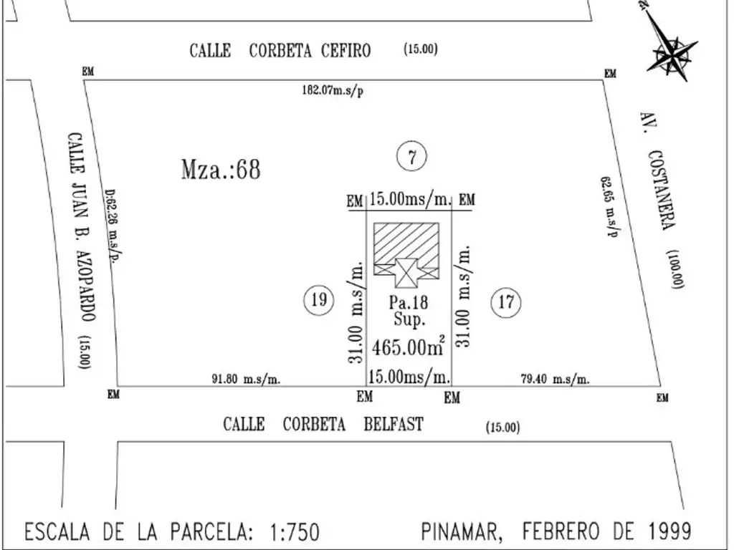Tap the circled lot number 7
[x=412, y=157]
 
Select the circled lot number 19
[x=319, y=299]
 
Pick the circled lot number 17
[x=506, y=302]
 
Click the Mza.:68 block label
[x=221, y=169]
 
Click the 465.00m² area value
[x=409, y=347]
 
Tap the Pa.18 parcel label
[x=409, y=302]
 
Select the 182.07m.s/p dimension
[x=333, y=90]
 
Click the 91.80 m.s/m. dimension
[x=247, y=379]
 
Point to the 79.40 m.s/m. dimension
[x=556, y=379]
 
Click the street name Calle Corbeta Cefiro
[x=280, y=51]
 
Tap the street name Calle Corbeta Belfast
[x=323, y=424]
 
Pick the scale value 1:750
[x=295, y=532]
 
